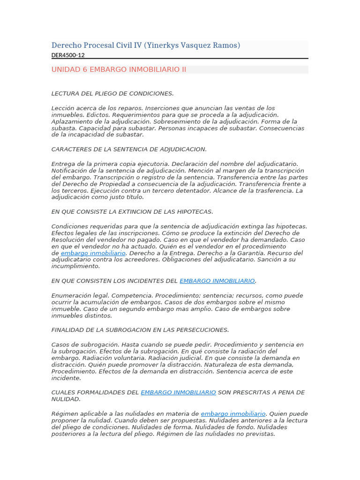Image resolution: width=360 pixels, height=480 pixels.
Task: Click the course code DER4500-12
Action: click(68, 55)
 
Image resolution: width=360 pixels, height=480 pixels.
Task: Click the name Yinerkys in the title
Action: click(163, 45)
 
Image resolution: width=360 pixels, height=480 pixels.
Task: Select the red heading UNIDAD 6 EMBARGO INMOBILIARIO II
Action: click(119, 69)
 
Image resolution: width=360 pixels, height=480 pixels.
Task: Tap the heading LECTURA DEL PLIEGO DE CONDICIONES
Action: click(112, 93)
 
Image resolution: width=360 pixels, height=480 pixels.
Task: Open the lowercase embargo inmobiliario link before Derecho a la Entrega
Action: click(93, 253)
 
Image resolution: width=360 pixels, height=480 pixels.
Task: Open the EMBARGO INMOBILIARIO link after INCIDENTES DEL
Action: click(217, 281)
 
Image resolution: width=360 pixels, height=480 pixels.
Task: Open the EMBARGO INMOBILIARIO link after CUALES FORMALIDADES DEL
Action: click(179, 392)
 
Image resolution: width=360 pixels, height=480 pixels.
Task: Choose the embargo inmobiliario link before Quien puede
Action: click(233, 414)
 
